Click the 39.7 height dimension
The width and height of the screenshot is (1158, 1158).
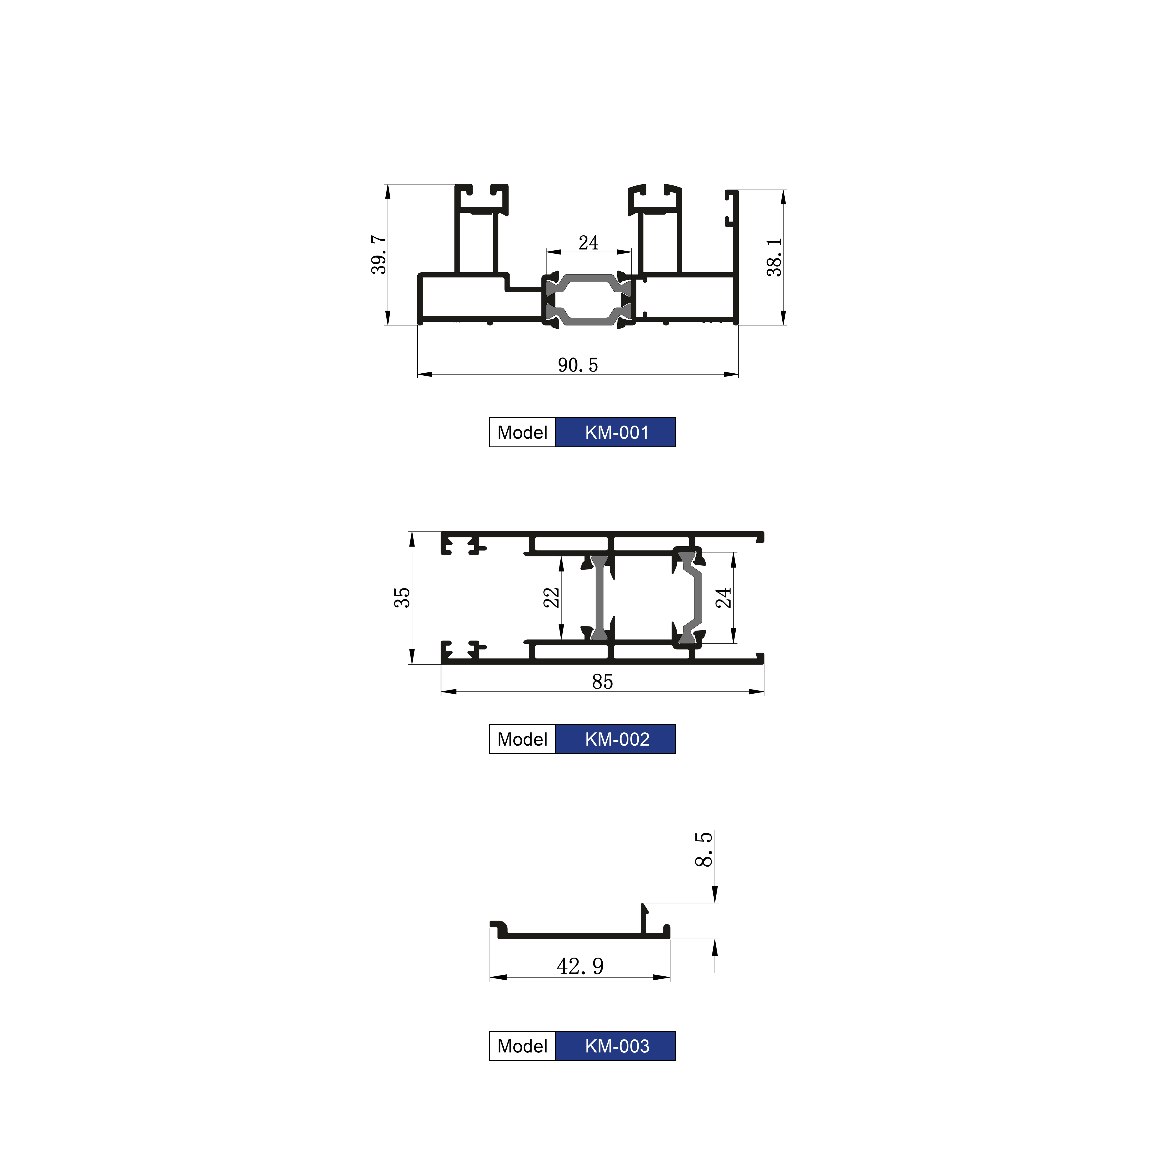pyautogui.click(x=379, y=255)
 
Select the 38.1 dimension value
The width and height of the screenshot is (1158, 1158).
pyautogui.click(x=774, y=257)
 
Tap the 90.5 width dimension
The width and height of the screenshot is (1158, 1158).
pyautogui.click(x=578, y=365)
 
